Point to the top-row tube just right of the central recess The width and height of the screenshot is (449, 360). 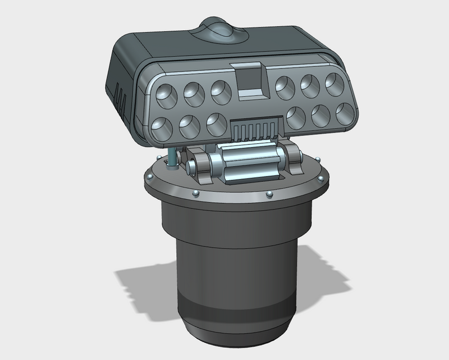286,86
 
